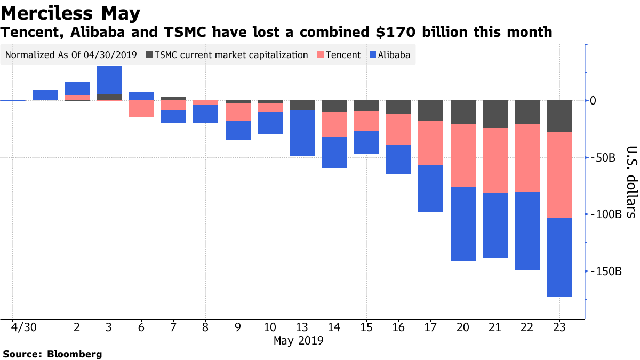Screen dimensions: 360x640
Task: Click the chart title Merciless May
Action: coord(71,12)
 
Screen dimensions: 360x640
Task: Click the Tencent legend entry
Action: coord(339,55)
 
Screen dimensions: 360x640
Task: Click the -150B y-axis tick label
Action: coord(609,271)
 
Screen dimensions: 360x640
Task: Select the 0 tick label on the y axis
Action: coord(600,101)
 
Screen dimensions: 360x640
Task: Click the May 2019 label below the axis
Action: coord(299,340)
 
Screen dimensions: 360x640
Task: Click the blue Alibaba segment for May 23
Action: coord(559,257)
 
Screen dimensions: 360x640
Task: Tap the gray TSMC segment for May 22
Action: coord(527,112)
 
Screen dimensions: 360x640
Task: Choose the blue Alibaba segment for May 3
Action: coord(109,80)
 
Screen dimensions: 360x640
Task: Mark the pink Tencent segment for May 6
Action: coord(141,108)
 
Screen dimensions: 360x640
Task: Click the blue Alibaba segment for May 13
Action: coord(302,133)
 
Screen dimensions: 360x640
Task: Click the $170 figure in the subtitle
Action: coord(391,32)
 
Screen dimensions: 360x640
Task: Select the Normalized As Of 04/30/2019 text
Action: coord(71,55)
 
